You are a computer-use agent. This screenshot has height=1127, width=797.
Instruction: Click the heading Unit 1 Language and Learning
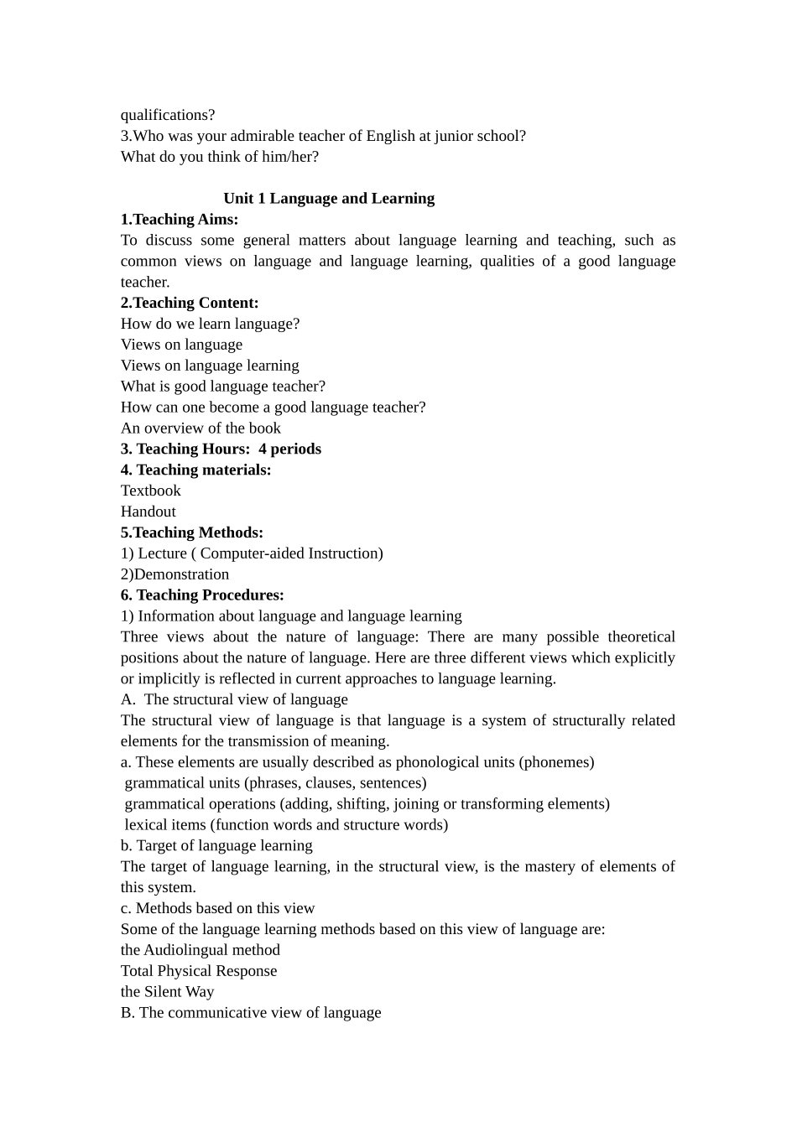pyautogui.click(x=329, y=199)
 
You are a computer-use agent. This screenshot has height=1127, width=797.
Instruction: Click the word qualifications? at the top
pyautogui.click(x=168, y=115)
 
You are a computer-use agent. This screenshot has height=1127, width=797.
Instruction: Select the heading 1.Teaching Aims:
pyautogui.click(x=180, y=220)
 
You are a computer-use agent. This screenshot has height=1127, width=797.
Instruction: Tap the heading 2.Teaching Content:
pyautogui.click(x=190, y=303)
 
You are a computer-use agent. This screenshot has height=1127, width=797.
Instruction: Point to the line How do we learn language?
pyautogui.click(x=210, y=324)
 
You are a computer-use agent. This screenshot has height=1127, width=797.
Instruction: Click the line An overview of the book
pyautogui.click(x=201, y=428)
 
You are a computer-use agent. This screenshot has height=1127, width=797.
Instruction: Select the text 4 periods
pyautogui.click(x=289, y=449)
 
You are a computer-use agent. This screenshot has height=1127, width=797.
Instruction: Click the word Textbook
pyautogui.click(x=151, y=491)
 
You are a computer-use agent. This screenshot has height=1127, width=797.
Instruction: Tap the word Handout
pyautogui.click(x=148, y=512)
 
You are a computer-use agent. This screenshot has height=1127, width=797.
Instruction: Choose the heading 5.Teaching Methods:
pyautogui.click(x=192, y=532)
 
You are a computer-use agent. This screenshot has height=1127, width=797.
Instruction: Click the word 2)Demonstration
pyautogui.click(x=175, y=574)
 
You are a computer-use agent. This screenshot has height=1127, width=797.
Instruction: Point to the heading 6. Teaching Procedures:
pyautogui.click(x=202, y=595)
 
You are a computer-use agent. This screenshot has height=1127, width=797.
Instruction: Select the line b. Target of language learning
pyautogui.click(x=216, y=845)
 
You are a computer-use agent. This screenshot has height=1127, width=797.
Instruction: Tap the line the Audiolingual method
pyautogui.click(x=201, y=950)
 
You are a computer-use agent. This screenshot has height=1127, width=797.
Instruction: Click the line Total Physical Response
pyautogui.click(x=199, y=971)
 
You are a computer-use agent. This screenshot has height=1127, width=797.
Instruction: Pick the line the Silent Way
pyautogui.click(x=168, y=992)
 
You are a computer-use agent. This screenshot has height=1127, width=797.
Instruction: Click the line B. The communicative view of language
pyautogui.click(x=251, y=1013)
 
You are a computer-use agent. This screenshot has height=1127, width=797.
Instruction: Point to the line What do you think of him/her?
pyautogui.click(x=220, y=157)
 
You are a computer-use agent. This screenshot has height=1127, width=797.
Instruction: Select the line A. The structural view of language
pyautogui.click(x=234, y=699)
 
